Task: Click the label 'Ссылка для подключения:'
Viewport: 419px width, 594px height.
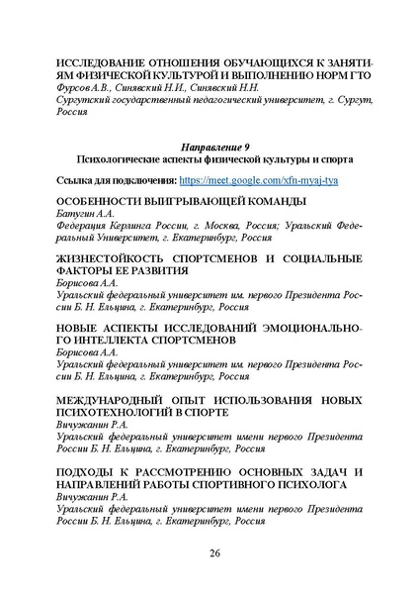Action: click(x=119, y=181)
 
